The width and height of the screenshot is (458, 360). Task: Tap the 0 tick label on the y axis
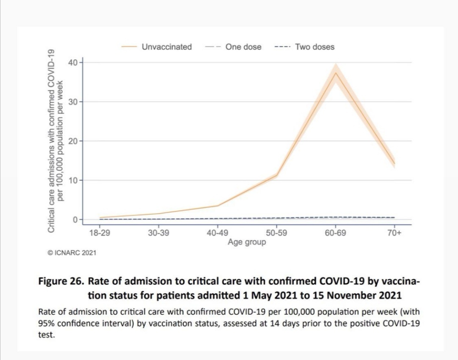pyautogui.click(x=74, y=219)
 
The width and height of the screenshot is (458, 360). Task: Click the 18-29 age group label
pyautogui.click(x=99, y=233)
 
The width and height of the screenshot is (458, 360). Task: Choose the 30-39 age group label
pyautogui.click(x=158, y=233)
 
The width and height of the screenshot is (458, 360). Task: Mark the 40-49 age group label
pyautogui.click(x=217, y=233)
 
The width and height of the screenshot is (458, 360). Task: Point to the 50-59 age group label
pyautogui.click(x=276, y=233)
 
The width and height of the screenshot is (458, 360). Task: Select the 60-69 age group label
pyautogui.click(x=335, y=233)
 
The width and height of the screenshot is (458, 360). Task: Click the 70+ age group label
pyautogui.click(x=394, y=233)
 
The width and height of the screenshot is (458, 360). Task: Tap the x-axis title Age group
pyautogui.click(x=247, y=242)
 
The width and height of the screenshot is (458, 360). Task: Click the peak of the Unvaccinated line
pyautogui.click(x=335, y=73)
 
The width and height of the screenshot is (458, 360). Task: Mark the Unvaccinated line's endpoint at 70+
pyautogui.click(x=394, y=163)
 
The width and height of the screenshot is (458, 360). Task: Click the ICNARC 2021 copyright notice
pyautogui.click(x=72, y=253)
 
